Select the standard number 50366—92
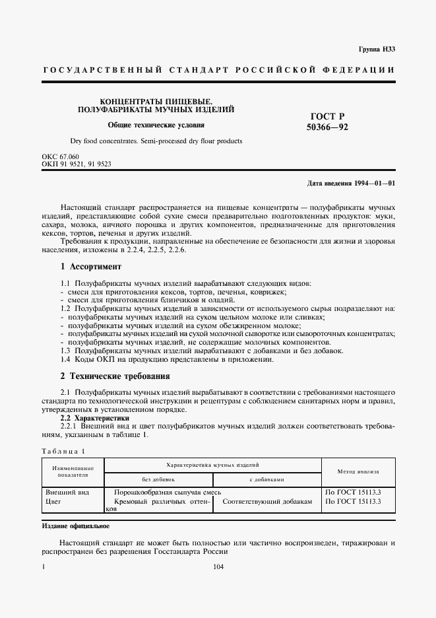[x=328, y=127]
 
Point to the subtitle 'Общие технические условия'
[x=156, y=125]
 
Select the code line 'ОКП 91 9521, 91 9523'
[x=76, y=164]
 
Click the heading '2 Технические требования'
[x=115, y=376]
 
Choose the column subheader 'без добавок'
[x=158, y=479]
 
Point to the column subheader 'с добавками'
[x=266, y=479]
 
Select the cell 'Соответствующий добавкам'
[x=267, y=502]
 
